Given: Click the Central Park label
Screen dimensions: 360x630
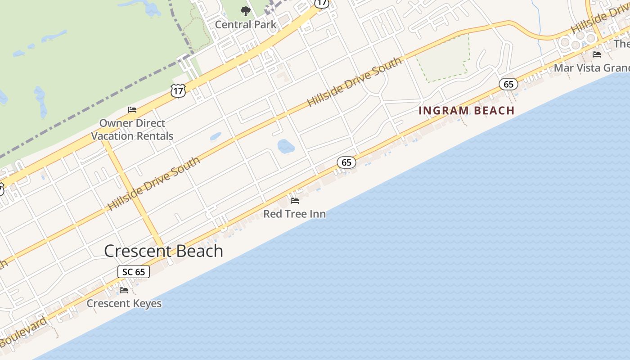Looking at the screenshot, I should (246, 24).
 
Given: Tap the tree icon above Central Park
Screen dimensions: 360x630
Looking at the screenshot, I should (245, 11).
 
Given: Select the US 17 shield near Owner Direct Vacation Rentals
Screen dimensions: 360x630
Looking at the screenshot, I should (178, 90).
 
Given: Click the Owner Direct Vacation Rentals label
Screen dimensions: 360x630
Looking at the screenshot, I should (132, 130).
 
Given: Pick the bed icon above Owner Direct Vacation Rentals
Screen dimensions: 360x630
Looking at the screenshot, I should (132, 109).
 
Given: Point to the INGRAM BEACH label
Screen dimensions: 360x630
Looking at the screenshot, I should (467, 111).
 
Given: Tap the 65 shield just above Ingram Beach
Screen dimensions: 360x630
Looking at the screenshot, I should (508, 84).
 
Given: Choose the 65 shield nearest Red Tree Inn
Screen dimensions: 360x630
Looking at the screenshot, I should (346, 162).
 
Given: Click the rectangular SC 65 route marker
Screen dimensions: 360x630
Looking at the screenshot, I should (134, 272).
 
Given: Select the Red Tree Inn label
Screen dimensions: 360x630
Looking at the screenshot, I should (295, 214).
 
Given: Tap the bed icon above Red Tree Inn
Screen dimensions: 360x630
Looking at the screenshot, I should (295, 200).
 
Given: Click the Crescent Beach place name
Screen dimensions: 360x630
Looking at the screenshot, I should (163, 251).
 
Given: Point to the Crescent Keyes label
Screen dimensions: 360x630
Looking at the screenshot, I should (124, 303).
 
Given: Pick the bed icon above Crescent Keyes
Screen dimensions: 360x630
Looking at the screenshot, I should (124, 290).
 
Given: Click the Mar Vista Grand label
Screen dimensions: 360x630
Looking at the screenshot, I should (591, 68).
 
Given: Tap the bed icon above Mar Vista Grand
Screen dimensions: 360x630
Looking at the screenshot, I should (597, 54).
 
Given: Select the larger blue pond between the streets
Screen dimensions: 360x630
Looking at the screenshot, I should (286, 146).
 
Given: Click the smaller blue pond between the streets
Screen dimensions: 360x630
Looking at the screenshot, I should (216, 136).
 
